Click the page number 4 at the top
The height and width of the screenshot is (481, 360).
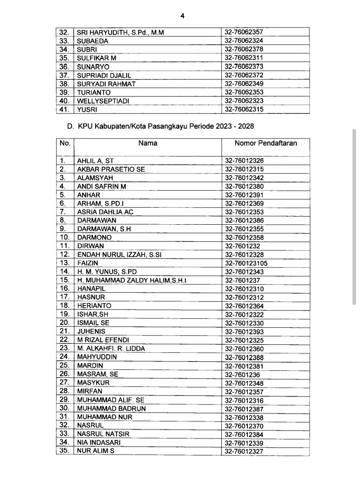coord(182,16)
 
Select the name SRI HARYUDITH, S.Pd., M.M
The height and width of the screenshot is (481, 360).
coord(120,32)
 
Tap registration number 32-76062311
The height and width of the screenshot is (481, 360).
coord(244,58)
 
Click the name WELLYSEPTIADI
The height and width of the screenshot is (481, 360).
coord(103,101)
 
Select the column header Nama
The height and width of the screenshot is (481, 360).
coord(148,143)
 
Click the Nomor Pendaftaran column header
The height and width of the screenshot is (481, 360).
coord(265,143)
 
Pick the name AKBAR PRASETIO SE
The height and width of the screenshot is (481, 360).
coord(111,169)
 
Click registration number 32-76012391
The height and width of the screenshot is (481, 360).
coord(244,195)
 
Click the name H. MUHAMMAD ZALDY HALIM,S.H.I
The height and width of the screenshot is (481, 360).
coord(131,280)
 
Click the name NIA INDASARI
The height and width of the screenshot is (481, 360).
coord(99,442)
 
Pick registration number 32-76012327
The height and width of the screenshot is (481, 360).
coord(244,451)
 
